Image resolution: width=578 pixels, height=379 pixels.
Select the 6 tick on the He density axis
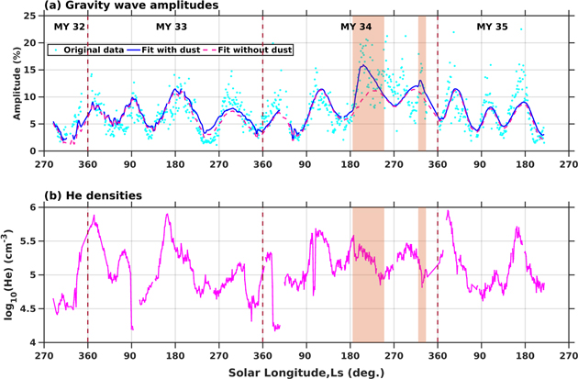pyautogui.click(x=34, y=207)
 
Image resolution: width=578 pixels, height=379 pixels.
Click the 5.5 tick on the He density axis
pyautogui.click(x=30, y=241)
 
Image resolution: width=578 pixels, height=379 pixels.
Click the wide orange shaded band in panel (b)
pyautogui.click(x=368, y=275)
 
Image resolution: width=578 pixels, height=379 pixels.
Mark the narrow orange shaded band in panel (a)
pyautogui.click(x=422, y=83)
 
